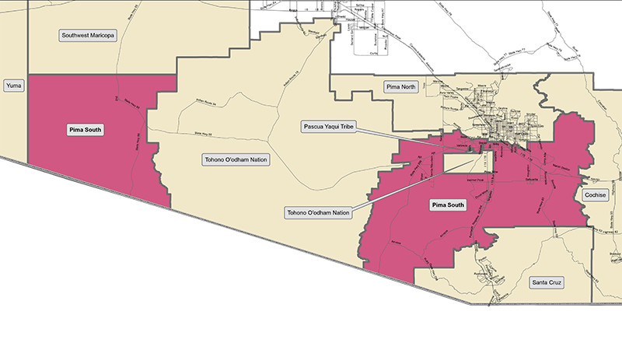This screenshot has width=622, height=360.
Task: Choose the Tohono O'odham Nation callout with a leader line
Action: coord(318,212)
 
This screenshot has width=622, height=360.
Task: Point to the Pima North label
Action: coord(401,87)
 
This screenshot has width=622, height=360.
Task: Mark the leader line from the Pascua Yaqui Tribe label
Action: coord(420,139)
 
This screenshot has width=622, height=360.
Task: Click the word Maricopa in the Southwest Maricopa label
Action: coord(100,35)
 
